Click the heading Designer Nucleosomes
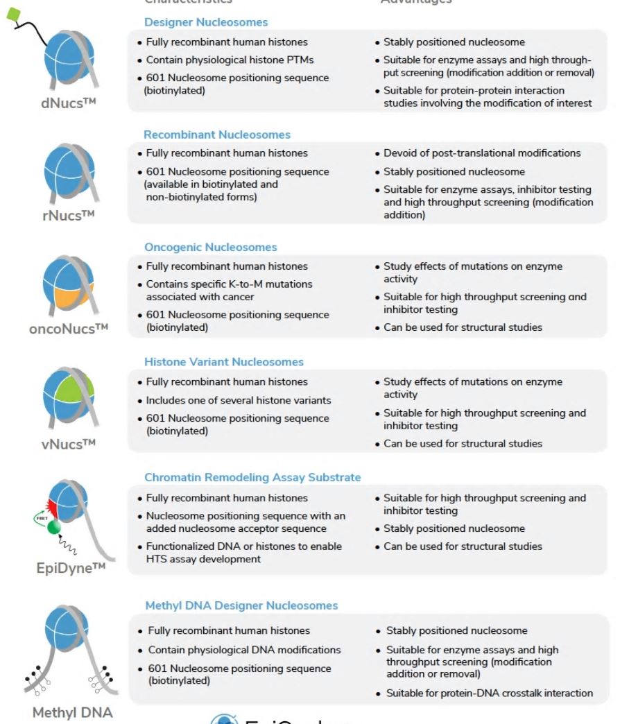point(205,22)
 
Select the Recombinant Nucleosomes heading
point(217,135)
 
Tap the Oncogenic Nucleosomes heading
point(210,247)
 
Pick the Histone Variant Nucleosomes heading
point(223,361)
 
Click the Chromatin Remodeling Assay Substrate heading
point(252,477)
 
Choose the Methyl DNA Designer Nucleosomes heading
point(241,605)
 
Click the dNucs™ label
point(67,104)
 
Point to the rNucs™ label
point(68,215)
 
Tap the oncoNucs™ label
point(69,328)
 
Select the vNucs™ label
point(68,444)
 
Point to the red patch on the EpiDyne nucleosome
point(55,503)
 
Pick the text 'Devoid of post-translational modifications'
point(482,153)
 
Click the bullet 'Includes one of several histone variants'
point(239,400)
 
